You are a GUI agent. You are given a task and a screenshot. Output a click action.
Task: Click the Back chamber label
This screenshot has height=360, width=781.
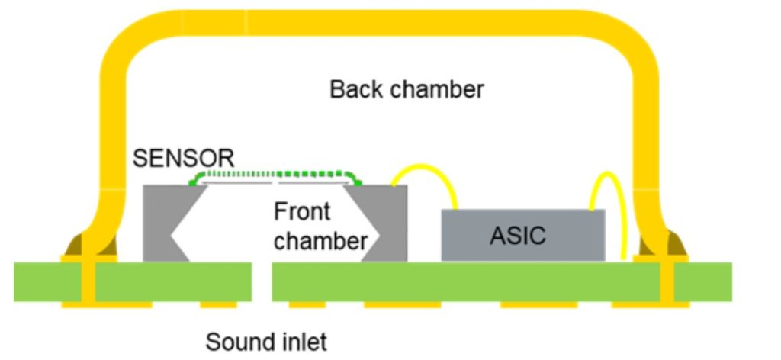(x=407, y=89)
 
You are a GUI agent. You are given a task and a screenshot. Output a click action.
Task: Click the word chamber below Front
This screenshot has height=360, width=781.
(x=320, y=241)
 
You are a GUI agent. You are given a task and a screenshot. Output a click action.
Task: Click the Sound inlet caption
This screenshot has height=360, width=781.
(x=266, y=342)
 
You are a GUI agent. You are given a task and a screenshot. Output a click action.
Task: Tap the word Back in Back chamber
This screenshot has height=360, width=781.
(x=357, y=89)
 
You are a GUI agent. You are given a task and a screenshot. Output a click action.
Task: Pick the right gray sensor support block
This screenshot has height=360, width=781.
(x=389, y=221)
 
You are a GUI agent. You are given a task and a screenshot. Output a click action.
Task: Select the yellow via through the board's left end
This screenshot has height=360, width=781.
(x=88, y=282)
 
